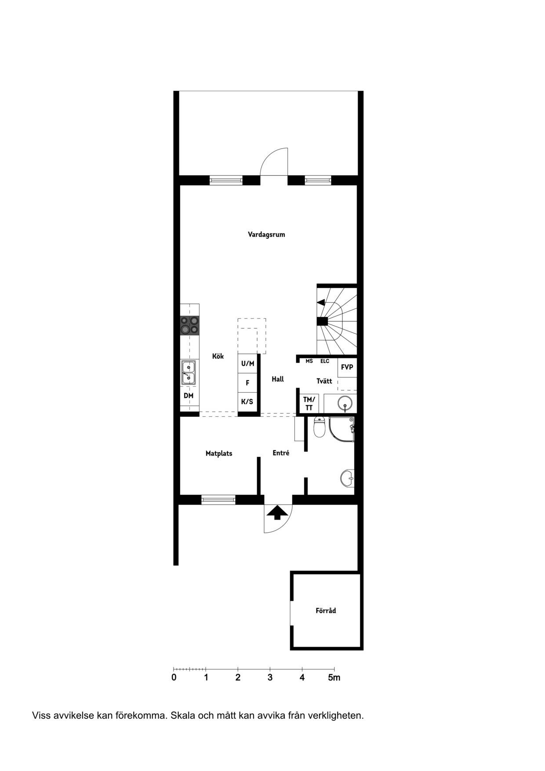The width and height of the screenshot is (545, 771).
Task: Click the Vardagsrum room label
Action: [266, 234]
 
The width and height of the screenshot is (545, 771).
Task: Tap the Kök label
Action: [218, 356]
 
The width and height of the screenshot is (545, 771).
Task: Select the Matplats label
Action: [219, 453]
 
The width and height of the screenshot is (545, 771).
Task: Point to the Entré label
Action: [281, 453]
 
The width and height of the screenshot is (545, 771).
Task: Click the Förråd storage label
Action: [326, 610]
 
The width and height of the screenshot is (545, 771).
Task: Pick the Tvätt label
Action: [324, 381]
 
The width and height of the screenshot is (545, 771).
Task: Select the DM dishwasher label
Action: [189, 396]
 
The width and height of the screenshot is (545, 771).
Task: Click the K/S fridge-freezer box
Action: [247, 402]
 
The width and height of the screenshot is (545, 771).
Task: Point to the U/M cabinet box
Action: [247, 364]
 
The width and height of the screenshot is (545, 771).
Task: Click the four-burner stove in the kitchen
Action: [189, 325]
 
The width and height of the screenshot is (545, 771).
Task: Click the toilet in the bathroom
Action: [320, 426]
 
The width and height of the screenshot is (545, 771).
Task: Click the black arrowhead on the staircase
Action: [321, 302]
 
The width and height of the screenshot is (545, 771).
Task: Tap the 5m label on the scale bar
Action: [334, 677]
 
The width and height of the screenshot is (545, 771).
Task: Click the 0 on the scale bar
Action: [174, 677]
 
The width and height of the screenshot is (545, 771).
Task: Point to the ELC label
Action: [325, 361]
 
